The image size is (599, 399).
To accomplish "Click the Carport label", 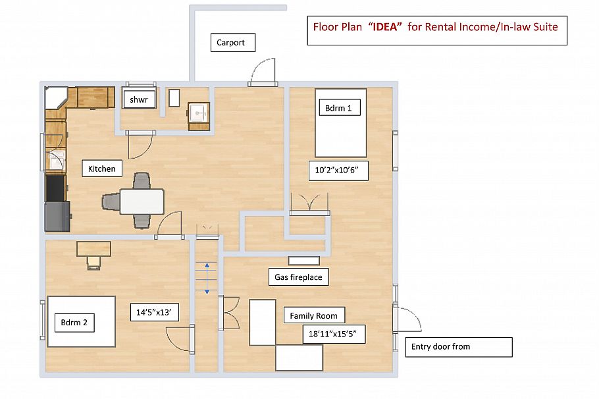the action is coord(232,42).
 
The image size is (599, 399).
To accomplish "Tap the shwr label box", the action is coord(139,100).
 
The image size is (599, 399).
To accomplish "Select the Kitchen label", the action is coord(102,169).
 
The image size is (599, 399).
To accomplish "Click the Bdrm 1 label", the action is coord(340,108).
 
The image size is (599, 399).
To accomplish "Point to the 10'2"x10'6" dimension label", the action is coord(338,171).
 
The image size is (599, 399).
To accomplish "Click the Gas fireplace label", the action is coord(298,277).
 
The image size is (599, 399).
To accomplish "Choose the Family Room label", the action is coord(314,315).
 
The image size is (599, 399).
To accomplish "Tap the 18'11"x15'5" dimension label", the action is coord(334,334).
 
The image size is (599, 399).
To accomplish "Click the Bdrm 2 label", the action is coord(74,323).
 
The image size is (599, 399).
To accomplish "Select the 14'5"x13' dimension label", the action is coord(154,312).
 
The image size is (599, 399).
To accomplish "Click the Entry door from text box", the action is coord(458,347).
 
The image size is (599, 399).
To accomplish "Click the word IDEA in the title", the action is coord(385,27).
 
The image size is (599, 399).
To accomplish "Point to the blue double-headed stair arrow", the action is coord(207,279).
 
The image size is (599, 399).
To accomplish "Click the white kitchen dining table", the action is coord(142,201).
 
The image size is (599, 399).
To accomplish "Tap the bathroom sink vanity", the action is coord(198,116).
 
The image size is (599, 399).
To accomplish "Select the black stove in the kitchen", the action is coord(56,188).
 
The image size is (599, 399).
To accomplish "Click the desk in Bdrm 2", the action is coord(93,249).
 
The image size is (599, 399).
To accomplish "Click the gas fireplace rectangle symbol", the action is coord(303,261).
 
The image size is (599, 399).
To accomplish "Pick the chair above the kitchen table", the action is coord(142,181).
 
